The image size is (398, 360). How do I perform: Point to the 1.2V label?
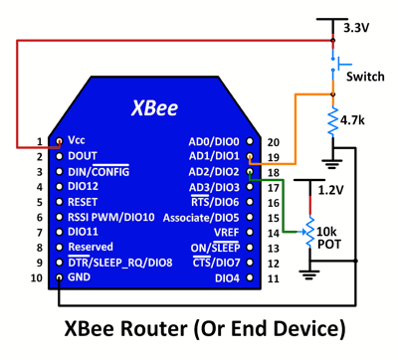331,188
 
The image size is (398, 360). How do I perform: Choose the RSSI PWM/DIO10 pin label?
110,217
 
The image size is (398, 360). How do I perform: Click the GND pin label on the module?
81,277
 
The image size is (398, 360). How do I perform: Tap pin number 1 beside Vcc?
40,142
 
